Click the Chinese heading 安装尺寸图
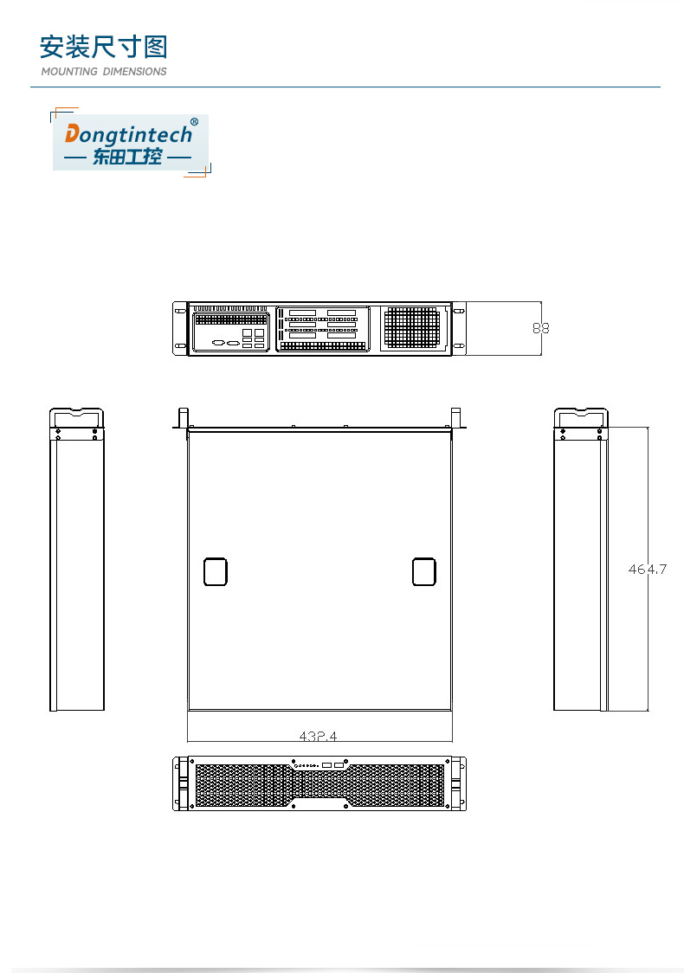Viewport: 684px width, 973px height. pyautogui.click(x=104, y=47)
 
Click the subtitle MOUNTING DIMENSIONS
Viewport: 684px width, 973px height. pyautogui.click(x=104, y=72)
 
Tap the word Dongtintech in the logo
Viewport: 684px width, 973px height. pyautogui.click(x=129, y=135)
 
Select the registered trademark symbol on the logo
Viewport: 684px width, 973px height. pyautogui.click(x=194, y=122)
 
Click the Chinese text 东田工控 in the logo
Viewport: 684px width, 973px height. pyautogui.click(x=128, y=158)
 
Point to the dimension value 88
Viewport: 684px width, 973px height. pyautogui.click(x=541, y=328)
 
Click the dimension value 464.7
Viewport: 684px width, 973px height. pyautogui.click(x=648, y=569)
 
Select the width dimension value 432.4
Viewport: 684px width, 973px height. pyautogui.click(x=319, y=736)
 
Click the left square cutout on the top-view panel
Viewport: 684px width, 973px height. pyautogui.click(x=215, y=572)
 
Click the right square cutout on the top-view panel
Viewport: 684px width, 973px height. pyautogui.click(x=423, y=572)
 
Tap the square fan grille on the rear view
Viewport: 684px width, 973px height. pyautogui.click(x=412, y=327)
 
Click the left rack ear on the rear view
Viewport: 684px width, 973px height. pyautogui.click(x=180, y=328)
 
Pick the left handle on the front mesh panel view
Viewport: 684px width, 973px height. pyautogui.click(x=183, y=783)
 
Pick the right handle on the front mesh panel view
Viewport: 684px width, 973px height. pyautogui.click(x=456, y=783)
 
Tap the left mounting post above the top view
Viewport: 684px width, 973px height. pyautogui.click(x=183, y=416)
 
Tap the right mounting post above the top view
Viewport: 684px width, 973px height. pyautogui.click(x=455, y=416)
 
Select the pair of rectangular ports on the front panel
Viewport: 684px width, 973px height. pyautogui.click(x=332, y=765)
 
